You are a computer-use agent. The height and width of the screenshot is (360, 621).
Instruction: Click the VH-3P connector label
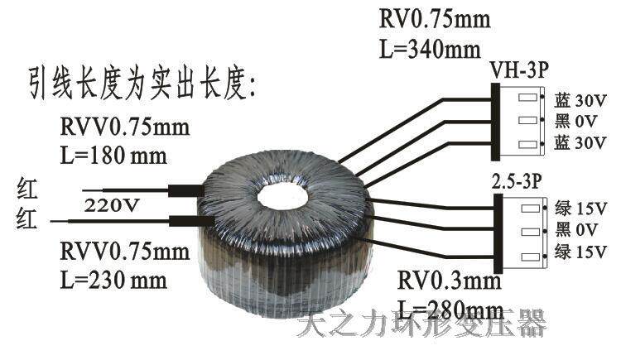[x=519, y=69]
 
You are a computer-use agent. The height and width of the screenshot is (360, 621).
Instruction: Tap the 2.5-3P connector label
[x=518, y=181]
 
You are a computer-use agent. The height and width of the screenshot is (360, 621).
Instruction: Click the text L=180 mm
[x=113, y=154]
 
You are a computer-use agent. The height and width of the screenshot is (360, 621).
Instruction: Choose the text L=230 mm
[x=113, y=278]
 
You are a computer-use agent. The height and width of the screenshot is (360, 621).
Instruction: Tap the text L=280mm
[x=451, y=310]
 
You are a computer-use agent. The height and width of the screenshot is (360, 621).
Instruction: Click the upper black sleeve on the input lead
[x=184, y=190]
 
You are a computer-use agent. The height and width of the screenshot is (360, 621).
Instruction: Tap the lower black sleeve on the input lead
[x=184, y=221]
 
